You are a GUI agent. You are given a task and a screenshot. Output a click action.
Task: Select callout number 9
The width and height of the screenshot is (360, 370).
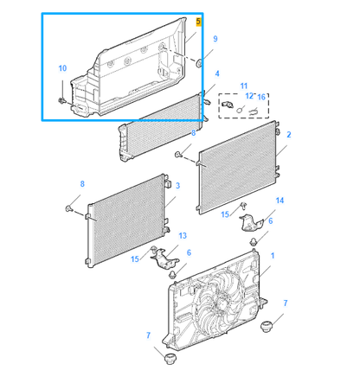[x=215, y=39]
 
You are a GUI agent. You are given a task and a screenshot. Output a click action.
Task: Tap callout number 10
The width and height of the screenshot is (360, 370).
[x=61, y=67]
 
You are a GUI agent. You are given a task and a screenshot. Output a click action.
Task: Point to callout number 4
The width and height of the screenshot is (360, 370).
[x=216, y=74]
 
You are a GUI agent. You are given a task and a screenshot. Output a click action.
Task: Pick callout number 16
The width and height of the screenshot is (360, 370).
[x=260, y=96]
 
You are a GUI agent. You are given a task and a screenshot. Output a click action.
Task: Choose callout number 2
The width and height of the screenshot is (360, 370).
[x=288, y=135]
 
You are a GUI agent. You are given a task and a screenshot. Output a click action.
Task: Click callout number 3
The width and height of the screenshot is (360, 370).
[x=177, y=185]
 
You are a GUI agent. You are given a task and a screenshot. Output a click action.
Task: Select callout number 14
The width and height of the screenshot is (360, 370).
[x=279, y=201]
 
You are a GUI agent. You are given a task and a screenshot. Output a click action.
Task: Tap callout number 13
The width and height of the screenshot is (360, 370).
[x=182, y=235]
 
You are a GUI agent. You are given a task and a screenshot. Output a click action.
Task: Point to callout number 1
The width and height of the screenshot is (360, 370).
[x=273, y=257]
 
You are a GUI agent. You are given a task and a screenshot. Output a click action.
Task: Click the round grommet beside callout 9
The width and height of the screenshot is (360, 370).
[x=199, y=63]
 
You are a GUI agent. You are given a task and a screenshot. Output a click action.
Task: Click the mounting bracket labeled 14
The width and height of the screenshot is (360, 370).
[x=251, y=223]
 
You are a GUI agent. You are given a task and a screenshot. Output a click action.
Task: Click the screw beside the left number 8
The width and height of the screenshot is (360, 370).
[x=68, y=208]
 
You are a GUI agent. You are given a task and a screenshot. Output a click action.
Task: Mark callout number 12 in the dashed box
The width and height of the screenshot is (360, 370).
[x=248, y=96]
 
